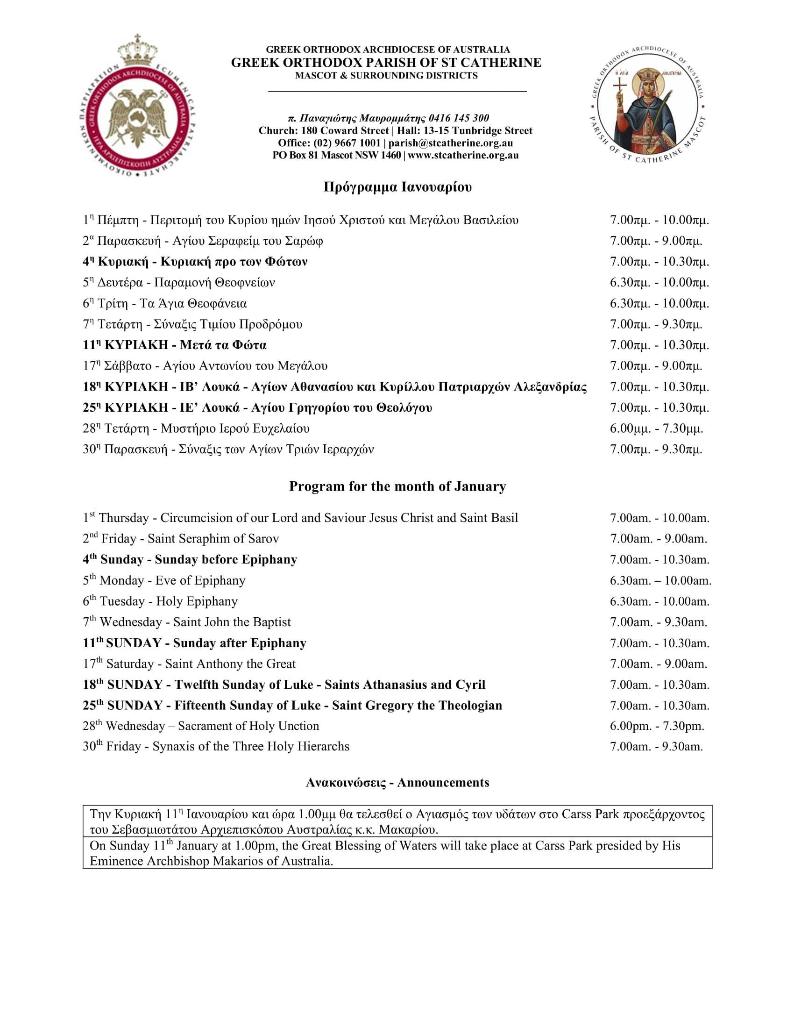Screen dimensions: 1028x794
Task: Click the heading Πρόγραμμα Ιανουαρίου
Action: point(397,187)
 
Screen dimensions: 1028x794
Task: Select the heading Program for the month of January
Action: point(397,486)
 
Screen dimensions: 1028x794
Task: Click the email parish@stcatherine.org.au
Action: point(450,143)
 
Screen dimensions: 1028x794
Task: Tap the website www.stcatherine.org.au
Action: point(463,155)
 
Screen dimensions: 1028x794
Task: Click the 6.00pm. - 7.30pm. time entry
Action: point(657,726)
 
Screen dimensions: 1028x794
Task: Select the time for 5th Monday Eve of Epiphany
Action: point(660,580)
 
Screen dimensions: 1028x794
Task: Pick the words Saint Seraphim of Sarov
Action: point(213,538)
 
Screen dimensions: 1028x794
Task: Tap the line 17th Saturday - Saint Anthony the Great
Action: point(189,664)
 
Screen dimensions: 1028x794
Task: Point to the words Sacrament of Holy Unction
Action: point(248,726)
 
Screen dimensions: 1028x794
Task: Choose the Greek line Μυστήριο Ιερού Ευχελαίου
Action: point(235,428)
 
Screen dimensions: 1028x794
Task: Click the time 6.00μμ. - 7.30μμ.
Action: point(656,428)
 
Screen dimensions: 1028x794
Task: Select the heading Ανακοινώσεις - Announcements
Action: point(397,782)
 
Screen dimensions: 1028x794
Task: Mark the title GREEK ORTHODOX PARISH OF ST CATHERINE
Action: point(386,63)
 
